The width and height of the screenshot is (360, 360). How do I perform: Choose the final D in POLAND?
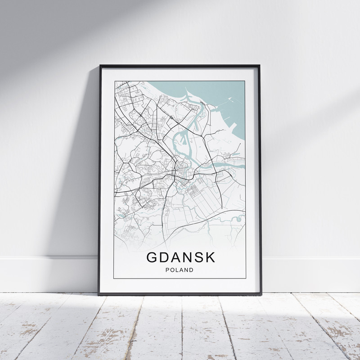pos(192,270)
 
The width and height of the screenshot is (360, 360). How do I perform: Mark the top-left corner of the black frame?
pos(100,66)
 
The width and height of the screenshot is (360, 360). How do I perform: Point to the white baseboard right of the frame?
pos(310,274)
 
